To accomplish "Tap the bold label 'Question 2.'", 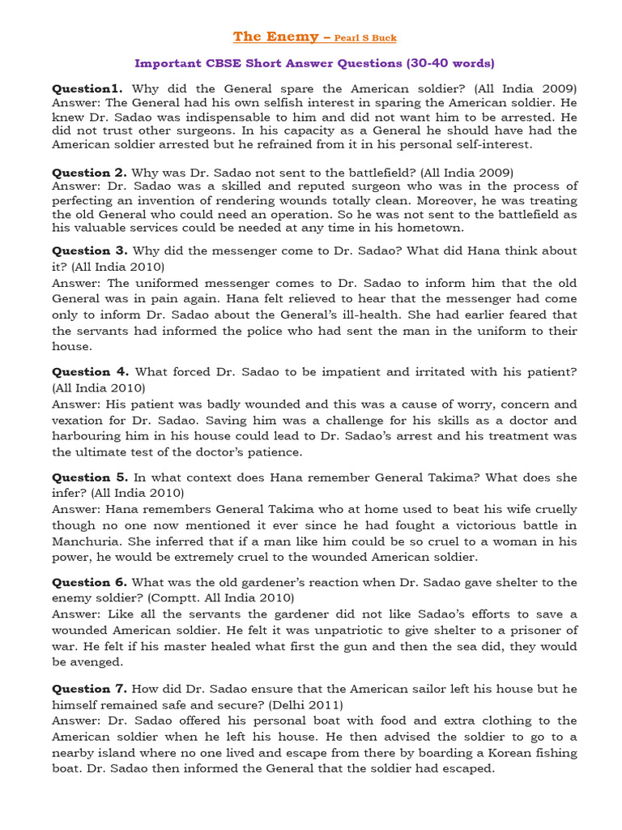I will coord(90,172).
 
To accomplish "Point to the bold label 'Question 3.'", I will coord(90,250).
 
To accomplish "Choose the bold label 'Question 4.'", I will coord(90,371).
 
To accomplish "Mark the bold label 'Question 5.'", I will coord(90,477).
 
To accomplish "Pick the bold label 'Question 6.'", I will coord(90,582).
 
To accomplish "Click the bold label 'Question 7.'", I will coord(90,688).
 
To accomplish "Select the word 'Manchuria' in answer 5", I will coord(87,541).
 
